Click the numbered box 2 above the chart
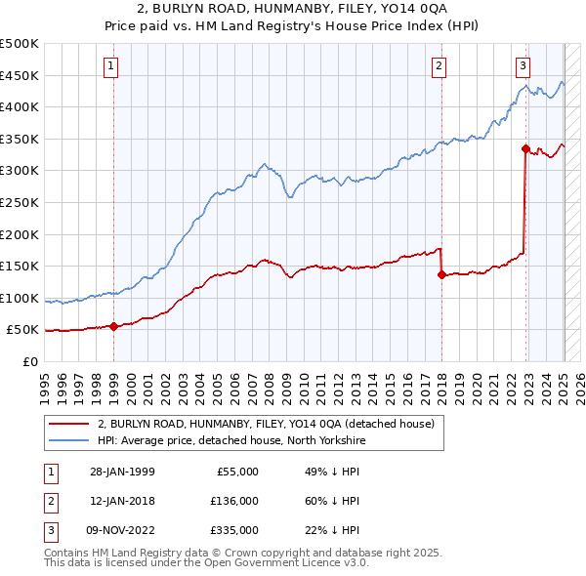tap(439, 66)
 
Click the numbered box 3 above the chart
tap(523, 66)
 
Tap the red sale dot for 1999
tap(114, 326)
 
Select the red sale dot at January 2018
tap(441, 274)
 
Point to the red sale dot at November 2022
tap(525, 148)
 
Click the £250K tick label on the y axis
tap(20, 202)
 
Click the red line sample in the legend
tap(70, 423)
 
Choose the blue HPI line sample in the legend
tap(70, 439)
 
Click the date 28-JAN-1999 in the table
tap(122, 472)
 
